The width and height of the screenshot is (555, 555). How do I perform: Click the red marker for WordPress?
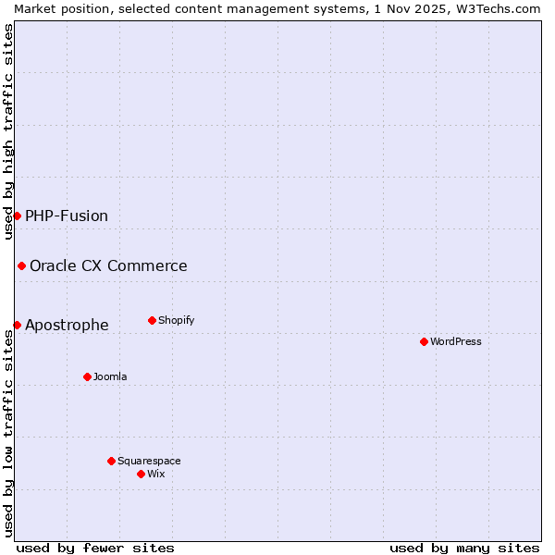tap(424, 341)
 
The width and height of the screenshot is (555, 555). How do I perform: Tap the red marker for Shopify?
tap(152, 320)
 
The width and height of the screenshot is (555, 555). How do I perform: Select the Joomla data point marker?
tap(87, 376)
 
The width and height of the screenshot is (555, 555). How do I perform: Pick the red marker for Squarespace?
tap(111, 461)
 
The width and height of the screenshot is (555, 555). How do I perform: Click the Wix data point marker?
tap(141, 474)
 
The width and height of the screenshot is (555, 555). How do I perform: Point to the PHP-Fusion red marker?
tap(17, 216)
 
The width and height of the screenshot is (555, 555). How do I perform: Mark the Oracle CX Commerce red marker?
tap(21, 265)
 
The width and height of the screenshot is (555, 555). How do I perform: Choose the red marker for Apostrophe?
tap(17, 325)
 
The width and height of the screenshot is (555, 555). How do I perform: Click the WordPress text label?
tap(456, 341)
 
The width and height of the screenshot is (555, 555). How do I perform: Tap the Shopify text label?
tap(176, 320)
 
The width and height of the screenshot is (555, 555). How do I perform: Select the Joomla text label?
tap(110, 376)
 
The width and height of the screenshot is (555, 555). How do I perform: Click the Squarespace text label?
tap(149, 461)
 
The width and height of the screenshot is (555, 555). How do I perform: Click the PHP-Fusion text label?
tap(67, 216)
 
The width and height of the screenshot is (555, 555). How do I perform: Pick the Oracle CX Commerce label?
tap(108, 265)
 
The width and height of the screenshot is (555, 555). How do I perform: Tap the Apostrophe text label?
tap(67, 325)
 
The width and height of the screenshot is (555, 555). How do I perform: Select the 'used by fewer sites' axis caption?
tap(95, 548)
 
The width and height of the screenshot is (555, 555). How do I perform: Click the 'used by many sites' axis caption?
tap(464, 548)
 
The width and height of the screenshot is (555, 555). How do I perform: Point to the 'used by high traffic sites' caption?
tap(8, 131)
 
